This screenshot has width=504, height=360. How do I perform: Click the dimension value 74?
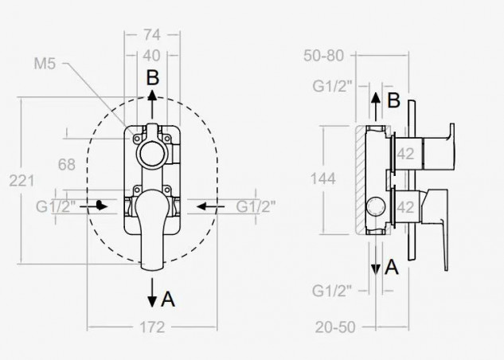pyautogui.click(x=152, y=34)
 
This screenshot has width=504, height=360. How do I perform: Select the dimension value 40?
pyautogui.click(x=151, y=56)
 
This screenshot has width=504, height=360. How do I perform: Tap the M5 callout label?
pyautogui.click(x=45, y=64)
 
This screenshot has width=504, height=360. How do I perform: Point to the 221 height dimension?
pyautogui.click(x=21, y=181)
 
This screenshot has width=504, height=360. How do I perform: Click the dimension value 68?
pyautogui.click(x=67, y=164)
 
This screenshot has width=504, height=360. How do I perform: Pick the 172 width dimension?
pyautogui.click(x=152, y=327)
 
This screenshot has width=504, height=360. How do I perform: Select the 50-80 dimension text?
pyautogui.click(x=324, y=56)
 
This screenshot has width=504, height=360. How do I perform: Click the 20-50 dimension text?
pyautogui.click(x=335, y=327)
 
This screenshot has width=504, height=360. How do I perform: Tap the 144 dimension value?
pyautogui.click(x=323, y=178)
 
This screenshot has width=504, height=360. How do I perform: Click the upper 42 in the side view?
pyautogui.click(x=405, y=154)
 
